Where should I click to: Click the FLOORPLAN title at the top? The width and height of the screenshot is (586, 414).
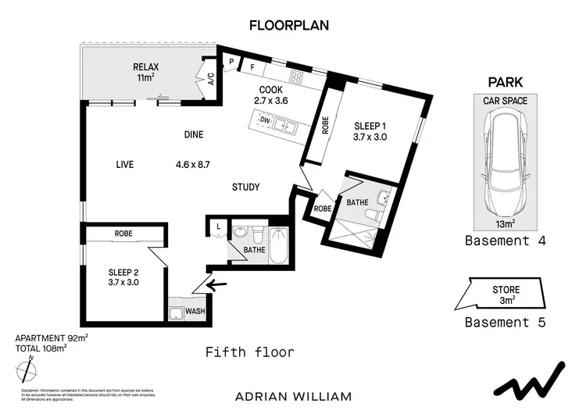tap(289, 25)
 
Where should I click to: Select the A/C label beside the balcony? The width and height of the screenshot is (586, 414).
tap(211, 78)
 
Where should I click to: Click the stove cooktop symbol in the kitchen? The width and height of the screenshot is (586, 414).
tap(297, 77)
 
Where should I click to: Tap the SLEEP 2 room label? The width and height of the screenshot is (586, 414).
tap(123, 277)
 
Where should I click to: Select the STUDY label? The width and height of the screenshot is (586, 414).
tap(245, 187)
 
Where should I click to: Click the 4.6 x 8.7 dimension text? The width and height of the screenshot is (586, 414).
tap(191, 165)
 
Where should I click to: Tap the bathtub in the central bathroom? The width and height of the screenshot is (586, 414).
tap(279, 244)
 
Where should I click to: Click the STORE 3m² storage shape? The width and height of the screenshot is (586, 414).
tap(505, 295)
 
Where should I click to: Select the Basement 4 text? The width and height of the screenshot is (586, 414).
tap(505, 241)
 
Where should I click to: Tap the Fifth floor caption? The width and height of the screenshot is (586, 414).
tap(249, 352)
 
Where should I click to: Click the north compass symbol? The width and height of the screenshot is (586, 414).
tap(29, 367)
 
